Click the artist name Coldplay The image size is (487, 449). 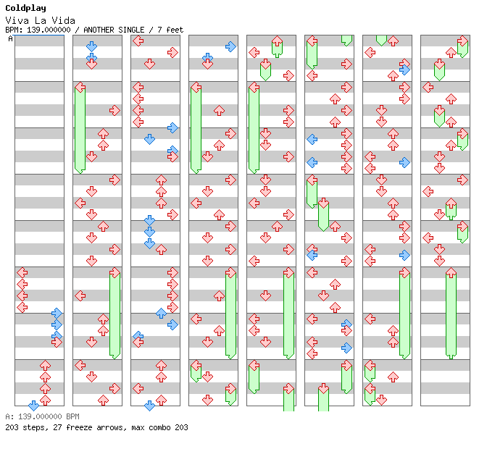coord(26,9)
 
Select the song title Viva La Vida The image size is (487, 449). coord(41,21)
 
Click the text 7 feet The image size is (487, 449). coord(170,30)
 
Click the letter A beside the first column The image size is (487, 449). coord(11,39)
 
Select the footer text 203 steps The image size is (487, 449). coord(27,427)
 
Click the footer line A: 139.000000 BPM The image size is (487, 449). coord(43,416)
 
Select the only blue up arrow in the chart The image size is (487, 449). coord(161,313)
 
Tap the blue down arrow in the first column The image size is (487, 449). coord(33,406)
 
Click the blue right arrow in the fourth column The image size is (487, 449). coord(230,46)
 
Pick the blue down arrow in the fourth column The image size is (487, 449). coord(207,57)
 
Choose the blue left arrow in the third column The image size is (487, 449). coord(138,335)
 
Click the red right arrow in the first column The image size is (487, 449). coord(57,342)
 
